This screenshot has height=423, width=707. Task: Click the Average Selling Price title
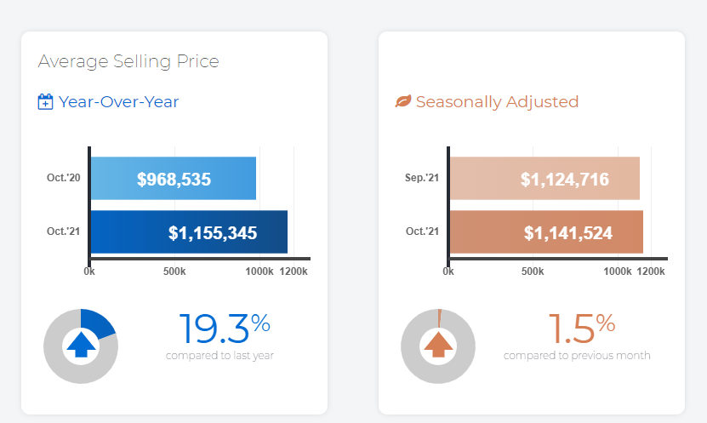coord(128,61)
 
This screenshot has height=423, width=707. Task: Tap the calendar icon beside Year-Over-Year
coord(46,102)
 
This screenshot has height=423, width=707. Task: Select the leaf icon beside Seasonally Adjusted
coord(403,102)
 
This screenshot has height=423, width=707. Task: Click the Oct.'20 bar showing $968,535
coord(173,179)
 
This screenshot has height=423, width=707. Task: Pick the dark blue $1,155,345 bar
coord(188,232)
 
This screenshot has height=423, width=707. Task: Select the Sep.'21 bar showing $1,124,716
coord(544,179)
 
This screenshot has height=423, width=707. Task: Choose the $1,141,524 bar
coord(545,232)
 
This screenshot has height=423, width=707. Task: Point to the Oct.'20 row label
coord(63,178)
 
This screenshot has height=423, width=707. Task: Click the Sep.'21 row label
coord(422,178)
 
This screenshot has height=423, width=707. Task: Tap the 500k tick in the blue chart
coord(174,272)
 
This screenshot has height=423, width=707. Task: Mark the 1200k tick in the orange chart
coord(651,272)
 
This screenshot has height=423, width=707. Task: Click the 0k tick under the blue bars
coord(89,272)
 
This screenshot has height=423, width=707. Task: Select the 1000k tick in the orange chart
coord(618,272)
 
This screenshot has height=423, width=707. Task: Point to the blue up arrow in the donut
coord(81,345)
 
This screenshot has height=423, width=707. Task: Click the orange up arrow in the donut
coord(439,345)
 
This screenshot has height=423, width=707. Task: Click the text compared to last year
coord(220,355)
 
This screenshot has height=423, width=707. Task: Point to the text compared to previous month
coord(577,355)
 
